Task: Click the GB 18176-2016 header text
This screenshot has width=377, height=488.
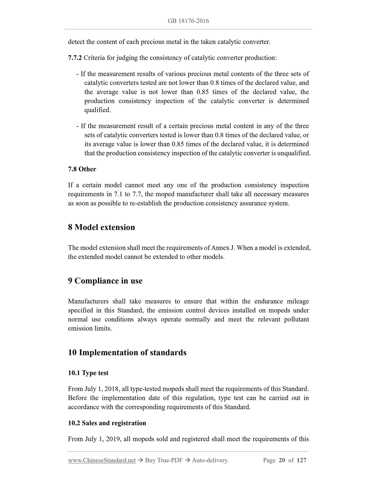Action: point(188,21)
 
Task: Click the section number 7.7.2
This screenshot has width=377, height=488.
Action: point(75,58)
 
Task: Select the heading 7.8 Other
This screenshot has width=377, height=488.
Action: point(82,169)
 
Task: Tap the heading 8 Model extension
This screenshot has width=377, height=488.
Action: point(101,227)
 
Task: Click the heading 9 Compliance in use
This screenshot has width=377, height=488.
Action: point(105,281)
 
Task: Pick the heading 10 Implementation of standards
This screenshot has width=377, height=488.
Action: point(127,353)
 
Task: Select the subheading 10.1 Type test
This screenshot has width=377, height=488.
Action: point(88,373)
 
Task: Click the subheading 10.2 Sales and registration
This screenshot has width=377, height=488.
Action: point(107,423)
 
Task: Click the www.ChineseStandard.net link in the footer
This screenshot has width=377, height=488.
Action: point(102,460)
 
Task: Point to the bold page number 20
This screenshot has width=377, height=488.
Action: point(282,460)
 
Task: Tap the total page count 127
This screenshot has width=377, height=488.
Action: point(301,460)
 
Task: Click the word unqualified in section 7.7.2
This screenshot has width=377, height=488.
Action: point(293,153)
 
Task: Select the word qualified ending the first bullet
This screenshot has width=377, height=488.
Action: point(97,110)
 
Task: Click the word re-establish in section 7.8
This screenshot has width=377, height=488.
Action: point(146,203)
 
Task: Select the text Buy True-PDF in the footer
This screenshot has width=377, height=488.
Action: point(164,460)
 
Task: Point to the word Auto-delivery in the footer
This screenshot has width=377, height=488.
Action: point(210,460)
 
